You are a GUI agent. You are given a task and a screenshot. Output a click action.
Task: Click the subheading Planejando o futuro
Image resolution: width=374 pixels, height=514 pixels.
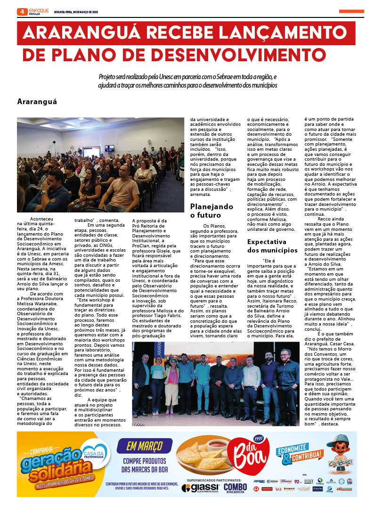(211, 211)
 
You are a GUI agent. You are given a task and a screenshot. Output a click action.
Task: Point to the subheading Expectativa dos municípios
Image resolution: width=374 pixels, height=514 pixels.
(273, 246)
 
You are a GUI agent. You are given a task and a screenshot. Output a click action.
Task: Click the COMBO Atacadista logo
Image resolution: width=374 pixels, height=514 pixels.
(235, 487)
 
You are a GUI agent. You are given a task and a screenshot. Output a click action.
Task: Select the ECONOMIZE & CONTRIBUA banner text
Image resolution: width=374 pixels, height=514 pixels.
(300, 455)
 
